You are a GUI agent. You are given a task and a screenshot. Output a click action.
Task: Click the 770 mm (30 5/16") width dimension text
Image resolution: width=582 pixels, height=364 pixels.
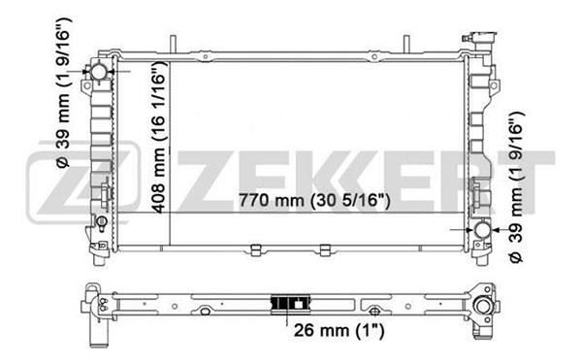tap(314, 201)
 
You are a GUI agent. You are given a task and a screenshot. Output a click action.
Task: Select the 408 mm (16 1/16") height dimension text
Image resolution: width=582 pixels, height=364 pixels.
tap(159, 138)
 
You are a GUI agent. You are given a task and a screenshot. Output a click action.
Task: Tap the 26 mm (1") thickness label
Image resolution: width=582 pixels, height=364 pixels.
tap(339, 330)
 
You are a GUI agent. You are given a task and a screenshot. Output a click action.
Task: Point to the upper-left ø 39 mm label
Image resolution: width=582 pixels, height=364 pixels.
tap(64, 93)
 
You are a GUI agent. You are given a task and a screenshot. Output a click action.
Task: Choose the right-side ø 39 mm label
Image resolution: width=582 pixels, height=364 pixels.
tap(516, 186)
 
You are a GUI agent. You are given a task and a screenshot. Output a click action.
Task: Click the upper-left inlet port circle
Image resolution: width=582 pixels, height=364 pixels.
tap(99, 71)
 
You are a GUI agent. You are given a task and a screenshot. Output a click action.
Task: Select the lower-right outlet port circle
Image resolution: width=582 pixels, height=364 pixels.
tap(482, 230)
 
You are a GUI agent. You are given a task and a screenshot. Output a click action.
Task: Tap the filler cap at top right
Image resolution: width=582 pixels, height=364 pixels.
tap(481, 38)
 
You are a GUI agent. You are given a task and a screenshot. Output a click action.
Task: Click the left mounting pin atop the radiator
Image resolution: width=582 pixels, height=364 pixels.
tap(173, 45)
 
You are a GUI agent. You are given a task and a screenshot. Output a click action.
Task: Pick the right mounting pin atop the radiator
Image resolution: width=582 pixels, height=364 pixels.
tap(406, 45)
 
